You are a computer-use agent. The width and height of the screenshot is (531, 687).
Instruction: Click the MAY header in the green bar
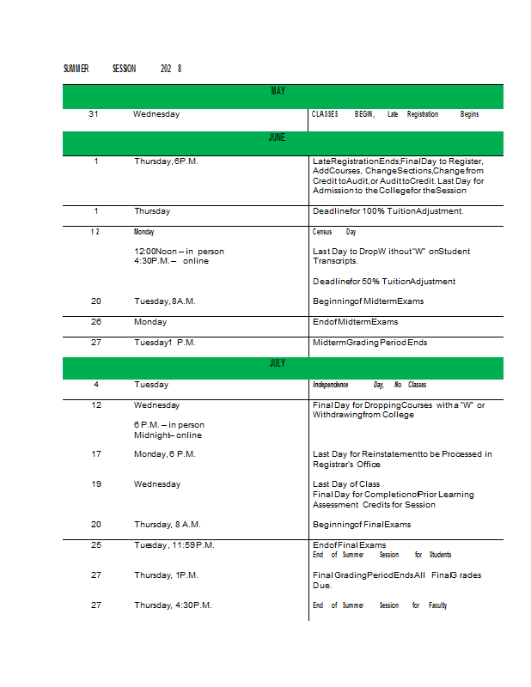tap(278, 91)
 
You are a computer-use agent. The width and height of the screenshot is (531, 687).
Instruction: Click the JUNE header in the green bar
tap(277, 137)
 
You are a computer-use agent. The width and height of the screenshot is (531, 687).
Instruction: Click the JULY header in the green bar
tap(277, 364)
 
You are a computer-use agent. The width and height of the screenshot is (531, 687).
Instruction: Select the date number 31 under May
tap(94, 114)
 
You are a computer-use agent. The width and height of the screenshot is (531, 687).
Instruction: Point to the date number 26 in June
tap(96, 322)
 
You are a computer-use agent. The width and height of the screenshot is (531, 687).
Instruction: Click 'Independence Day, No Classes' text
tap(369, 385)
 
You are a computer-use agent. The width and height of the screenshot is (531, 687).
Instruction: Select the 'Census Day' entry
tap(334, 232)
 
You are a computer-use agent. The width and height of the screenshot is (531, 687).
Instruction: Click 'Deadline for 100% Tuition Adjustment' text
tap(388, 211)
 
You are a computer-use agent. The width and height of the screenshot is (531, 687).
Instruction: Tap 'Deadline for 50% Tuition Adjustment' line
tap(384, 282)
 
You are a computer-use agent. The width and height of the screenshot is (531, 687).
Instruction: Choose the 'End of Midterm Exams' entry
tap(356, 322)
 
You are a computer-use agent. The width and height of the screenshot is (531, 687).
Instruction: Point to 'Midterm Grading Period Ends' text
tap(369, 343)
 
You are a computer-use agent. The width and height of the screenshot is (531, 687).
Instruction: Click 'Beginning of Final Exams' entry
tap(362, 525)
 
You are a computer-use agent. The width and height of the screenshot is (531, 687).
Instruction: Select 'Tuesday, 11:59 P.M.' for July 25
tap(174, 545)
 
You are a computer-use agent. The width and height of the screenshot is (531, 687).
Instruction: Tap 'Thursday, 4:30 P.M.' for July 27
tap(173, 605)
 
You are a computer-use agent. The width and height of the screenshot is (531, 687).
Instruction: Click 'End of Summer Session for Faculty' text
tap(380, 605)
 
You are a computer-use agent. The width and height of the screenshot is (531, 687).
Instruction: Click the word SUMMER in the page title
tap(76, 69)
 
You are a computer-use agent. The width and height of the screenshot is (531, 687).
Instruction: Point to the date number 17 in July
tap(96, 454)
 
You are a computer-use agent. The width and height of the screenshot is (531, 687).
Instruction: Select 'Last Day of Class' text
tap(346, 484)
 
